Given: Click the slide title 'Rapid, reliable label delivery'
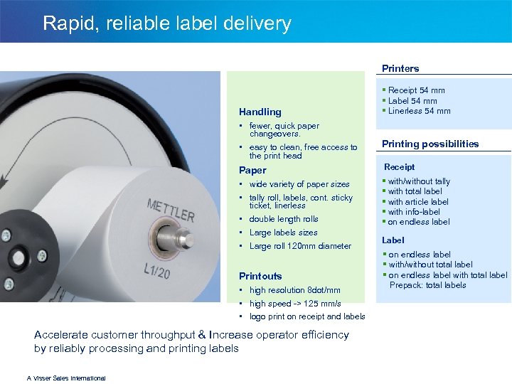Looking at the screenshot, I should (166, 23).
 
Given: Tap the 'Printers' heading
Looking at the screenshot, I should (400, 68).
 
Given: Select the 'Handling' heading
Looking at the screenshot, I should (260, 112).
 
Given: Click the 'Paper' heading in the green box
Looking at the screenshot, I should (252, 170).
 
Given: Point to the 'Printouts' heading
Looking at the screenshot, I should (260, 276).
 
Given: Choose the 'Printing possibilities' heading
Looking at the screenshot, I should (430, 144).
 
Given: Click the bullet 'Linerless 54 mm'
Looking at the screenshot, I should (419, 111).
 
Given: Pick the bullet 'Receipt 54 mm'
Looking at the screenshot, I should (416, 90).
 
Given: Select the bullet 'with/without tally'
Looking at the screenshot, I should (419, 181).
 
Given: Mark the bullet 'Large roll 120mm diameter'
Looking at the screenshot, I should (300, 246).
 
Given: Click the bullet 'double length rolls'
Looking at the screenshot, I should (284, 219).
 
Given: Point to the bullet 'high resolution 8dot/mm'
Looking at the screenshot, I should (294, 290).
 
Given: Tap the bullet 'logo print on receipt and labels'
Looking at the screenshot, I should (307, 316).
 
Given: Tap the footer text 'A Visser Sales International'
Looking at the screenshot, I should (66, 378).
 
